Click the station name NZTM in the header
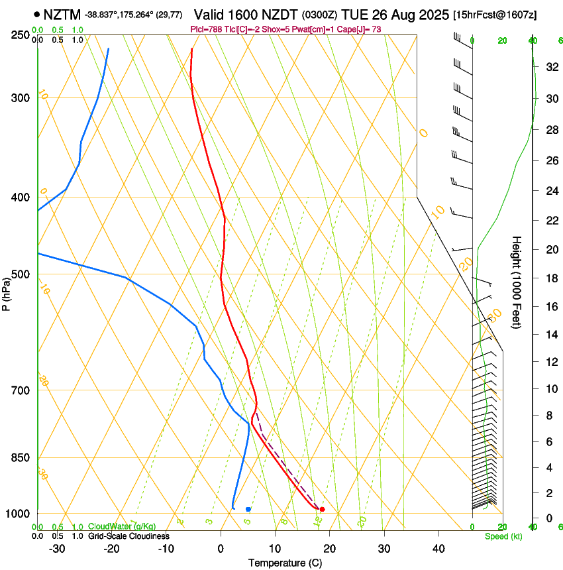(x=62, y=15)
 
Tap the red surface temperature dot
(x=322, y=509)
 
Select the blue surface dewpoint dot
(x=248, y=509)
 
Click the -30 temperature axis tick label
(x=57, y=549)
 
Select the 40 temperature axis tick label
(x=438, y=549)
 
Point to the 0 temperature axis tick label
(x=221, y=549)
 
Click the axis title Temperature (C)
(x=285, y=563)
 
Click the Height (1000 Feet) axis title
(x=517, y=282)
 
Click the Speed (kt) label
(x=503, y=536)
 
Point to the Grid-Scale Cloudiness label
(x=128, y=536)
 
